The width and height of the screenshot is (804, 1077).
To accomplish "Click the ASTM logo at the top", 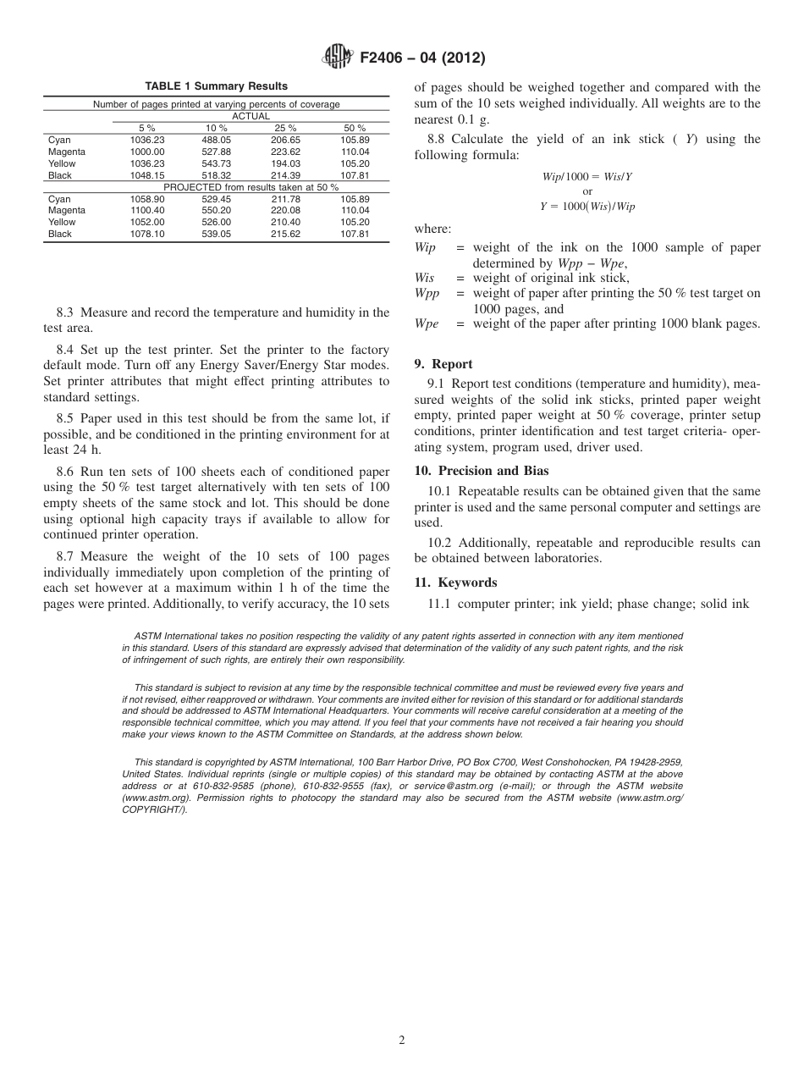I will click(338, 58).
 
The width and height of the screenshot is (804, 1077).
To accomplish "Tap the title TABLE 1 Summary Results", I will click(216, 86).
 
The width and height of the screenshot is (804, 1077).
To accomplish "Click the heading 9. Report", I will click(443, 364).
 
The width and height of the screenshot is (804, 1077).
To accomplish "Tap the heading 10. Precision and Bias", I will click(482, 471).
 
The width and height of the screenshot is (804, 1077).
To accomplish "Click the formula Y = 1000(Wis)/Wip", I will click(587, 207).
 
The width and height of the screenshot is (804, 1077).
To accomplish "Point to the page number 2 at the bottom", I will click(402, 1041).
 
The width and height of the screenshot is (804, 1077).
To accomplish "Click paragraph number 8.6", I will click(67, 472).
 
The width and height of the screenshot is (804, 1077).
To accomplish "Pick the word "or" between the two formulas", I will click(588, 191).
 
